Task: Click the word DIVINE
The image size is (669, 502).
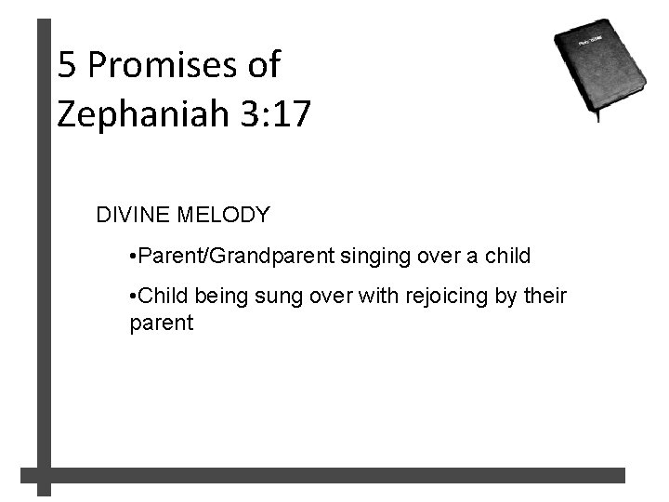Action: [129, 216]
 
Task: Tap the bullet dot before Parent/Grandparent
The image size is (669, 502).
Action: [135, 256]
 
